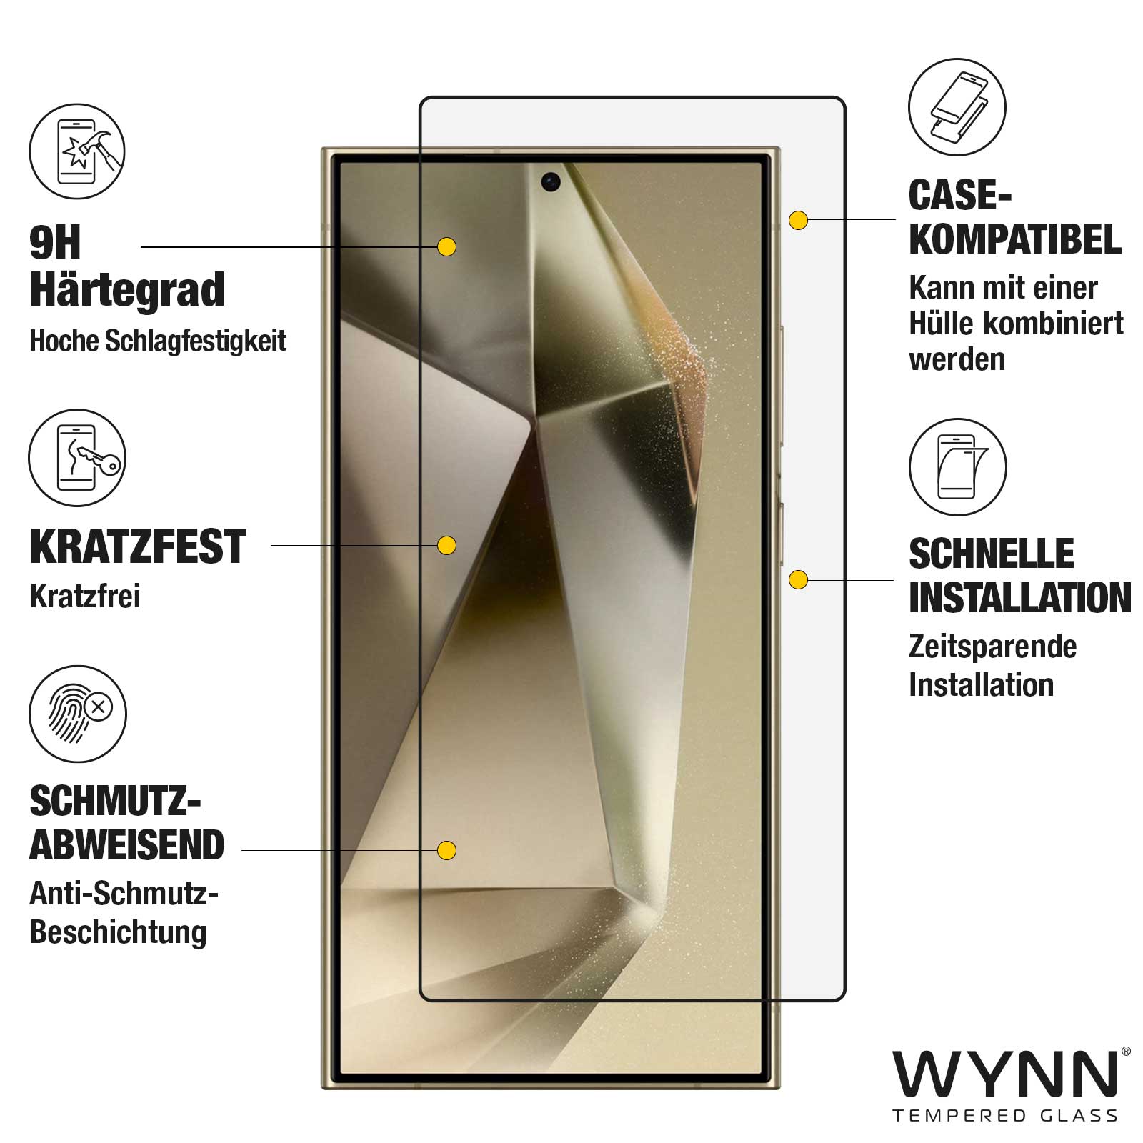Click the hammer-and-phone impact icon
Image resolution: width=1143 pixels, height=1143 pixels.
point(77,152)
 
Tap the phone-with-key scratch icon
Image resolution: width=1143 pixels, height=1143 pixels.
point(77,458)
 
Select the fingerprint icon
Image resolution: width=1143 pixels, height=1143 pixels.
point(78,714)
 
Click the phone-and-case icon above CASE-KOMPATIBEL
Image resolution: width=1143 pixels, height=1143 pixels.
point(957,107)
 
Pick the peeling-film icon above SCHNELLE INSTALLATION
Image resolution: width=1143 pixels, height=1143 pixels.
point(958,467)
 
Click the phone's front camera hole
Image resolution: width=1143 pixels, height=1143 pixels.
point(550,182)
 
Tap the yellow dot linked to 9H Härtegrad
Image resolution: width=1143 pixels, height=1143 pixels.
point(446,247)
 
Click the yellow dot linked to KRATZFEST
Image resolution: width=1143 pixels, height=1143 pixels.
point(446,546)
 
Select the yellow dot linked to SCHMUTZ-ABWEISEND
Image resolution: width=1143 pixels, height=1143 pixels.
point(446,850)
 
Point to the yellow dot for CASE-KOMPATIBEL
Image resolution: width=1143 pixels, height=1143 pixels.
point(798,220)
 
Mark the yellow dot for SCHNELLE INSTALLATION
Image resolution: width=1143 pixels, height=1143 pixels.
point(798,579)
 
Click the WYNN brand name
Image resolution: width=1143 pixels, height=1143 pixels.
point(1006,1074)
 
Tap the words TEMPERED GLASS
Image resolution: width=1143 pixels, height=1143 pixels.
point(1005,1116)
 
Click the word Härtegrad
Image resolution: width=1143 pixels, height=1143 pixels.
point(127,290)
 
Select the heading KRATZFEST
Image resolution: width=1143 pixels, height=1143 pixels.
point(138,547)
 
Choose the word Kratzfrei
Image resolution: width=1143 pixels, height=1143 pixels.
point(85,596)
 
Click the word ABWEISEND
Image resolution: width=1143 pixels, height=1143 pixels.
point(127,845)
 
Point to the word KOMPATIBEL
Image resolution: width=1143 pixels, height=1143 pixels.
point(1015,239)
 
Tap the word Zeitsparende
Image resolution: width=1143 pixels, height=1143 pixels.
point(993,647)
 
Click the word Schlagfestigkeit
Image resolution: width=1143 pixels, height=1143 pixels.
point(195,341)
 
